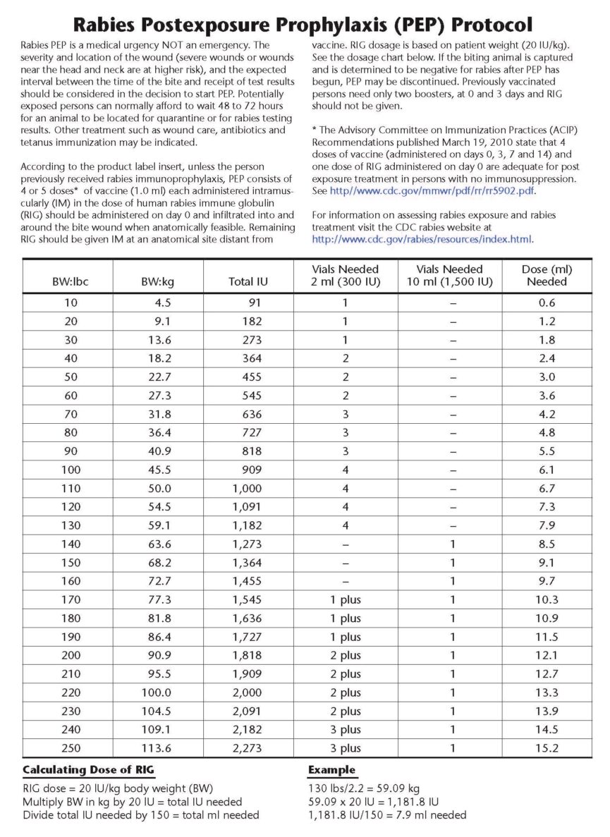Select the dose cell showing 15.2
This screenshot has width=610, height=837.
[547, 748]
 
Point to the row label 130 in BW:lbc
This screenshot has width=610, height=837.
[70, 525]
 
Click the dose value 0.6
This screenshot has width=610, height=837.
[547, 303]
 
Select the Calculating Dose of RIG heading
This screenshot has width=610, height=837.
[88, 770]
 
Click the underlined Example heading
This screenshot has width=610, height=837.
[331, 770]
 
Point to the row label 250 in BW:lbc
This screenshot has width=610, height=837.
[70, 748]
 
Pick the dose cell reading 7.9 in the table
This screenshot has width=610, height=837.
[547, 525]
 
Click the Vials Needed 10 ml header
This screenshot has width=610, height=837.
[450, 275]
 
